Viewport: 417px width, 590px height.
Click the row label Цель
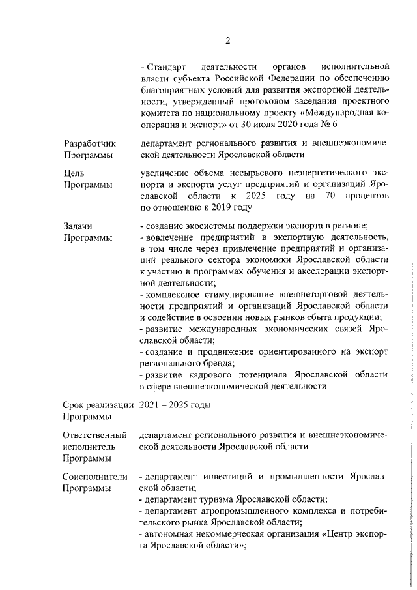pyautogui.click(x=74, y=173)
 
